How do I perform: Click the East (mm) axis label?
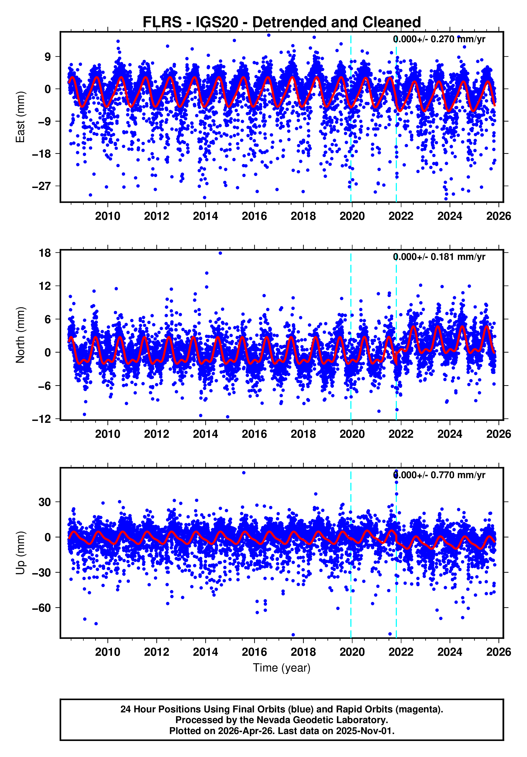pos(21,117)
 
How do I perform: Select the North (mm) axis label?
pos(21,335)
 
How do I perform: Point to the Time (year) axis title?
pos(281,668)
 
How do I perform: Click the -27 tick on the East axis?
pos(41,186)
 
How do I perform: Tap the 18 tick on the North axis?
pos(45,253)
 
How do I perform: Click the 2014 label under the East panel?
pos(205,216)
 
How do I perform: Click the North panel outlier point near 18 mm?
pos(220,253)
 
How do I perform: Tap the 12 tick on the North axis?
pos(45,286)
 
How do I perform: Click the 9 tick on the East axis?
pos(48,57)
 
